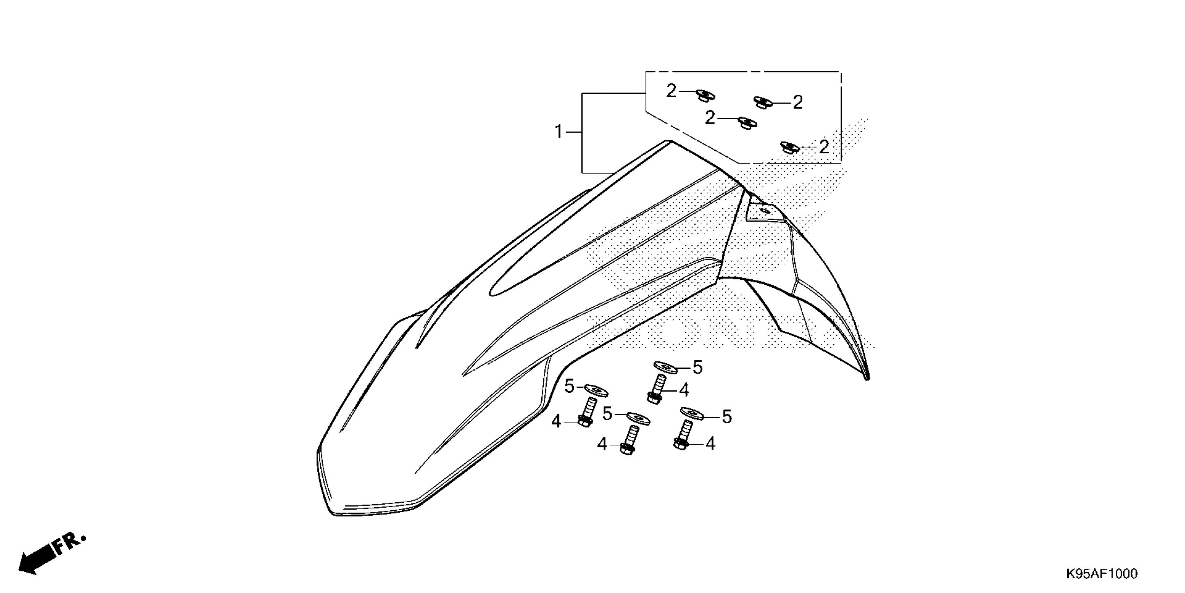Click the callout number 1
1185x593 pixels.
click(558, 132)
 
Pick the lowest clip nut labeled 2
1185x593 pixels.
click(790, 148)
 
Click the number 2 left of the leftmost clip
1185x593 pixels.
click(671, 91)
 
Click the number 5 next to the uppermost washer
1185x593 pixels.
click(697, 367)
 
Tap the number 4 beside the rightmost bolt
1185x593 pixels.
click(710, 444)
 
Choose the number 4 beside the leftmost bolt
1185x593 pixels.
click(556, 421)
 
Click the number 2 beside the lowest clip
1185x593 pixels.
click(824, 147)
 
